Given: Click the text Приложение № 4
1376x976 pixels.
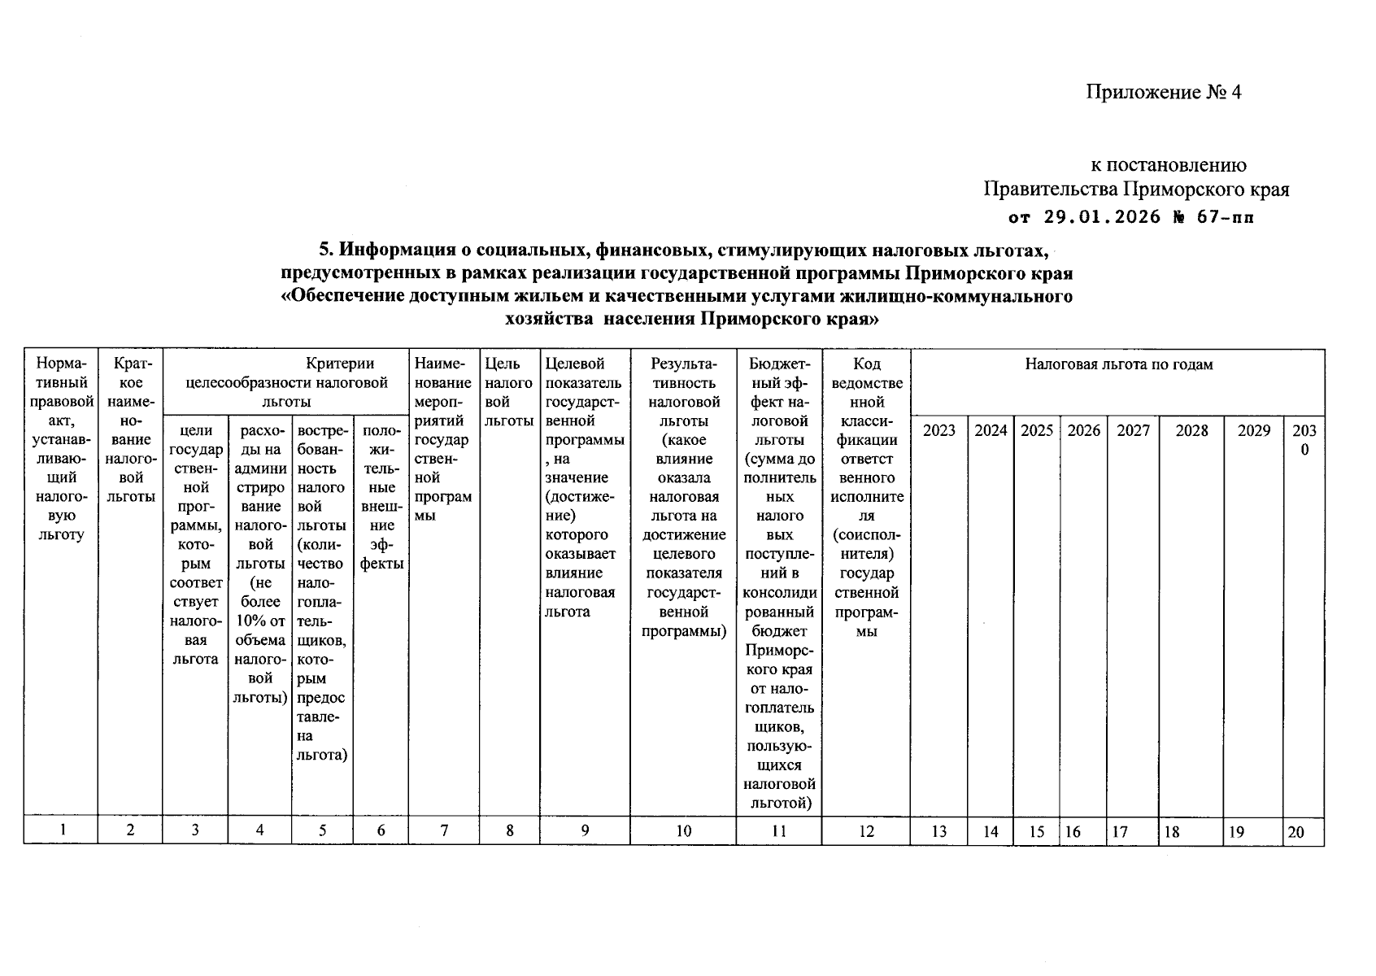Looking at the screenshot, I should coord(1163,92).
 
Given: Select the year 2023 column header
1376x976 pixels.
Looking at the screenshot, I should coord(938,430).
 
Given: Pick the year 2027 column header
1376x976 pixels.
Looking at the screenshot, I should coord(1133,430).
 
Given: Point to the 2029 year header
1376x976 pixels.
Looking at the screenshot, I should coord(1253,430).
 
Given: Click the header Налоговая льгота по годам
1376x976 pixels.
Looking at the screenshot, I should coord(1118,364).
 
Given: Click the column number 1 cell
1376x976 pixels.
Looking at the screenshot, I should coord(62,830).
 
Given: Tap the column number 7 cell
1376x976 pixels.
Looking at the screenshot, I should coord(444,830).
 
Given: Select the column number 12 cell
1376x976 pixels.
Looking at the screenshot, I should coord(866,830).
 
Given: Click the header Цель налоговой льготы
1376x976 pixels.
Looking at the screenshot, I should coord(509,392).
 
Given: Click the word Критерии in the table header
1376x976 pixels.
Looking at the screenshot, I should coord(340,364).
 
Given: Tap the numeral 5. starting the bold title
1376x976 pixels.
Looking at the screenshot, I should coord(324,248).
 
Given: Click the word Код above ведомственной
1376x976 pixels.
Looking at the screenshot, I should coord(867,364).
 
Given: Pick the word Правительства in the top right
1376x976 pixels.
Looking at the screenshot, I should coord(1051,190).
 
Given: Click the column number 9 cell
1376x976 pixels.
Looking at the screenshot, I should coord(585,830).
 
